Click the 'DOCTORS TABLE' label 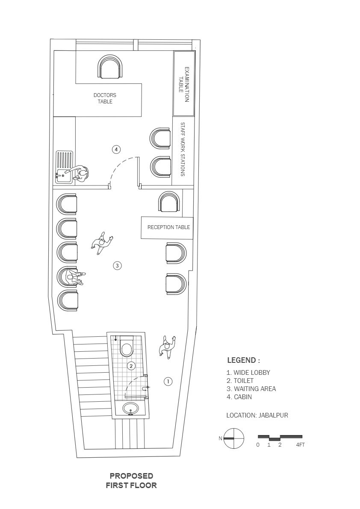click(x=105, y=98)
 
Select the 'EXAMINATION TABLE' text click(x=184, y=84)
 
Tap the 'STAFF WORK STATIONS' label click(x=183, y=149)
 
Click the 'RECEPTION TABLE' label click(x=168, y=227)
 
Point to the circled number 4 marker click(x=116, y=149)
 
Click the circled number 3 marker click(x=117, y=265)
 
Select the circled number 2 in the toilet click(x=131, y=366)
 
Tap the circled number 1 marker click(x=168, y=381)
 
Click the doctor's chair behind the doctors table click(x=110, y=67)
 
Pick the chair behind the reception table click(x=169, y=202)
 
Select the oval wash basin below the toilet click(x=131, y=408)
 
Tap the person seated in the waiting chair click(x=75, y=277)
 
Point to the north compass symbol click(x=233, y=438)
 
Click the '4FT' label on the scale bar click(x=300, y=445)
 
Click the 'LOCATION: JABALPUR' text click(x=257, y=415)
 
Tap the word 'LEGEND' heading click(x=242, y=360)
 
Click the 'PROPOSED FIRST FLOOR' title click(x=131, y=481)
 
